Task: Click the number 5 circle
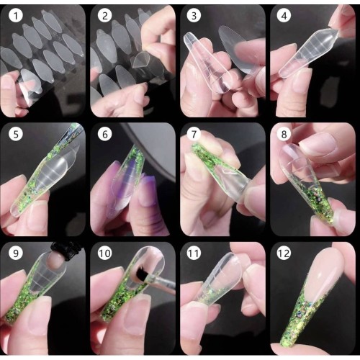click(17, 135)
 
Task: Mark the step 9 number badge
click(17, 253)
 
